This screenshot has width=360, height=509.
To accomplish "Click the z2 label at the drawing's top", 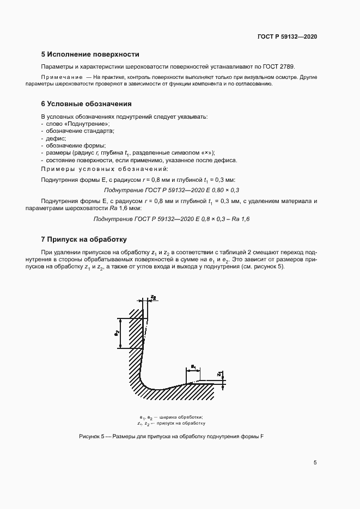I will point(154,298).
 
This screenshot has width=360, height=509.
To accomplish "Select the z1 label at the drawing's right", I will point(218,375).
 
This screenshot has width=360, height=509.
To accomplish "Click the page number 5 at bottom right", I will point(315,463).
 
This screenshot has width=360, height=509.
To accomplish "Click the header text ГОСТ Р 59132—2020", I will point(287,36).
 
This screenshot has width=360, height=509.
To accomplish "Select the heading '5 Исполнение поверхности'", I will point(90,54).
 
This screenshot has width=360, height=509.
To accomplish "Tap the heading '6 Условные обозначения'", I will point(86,103).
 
